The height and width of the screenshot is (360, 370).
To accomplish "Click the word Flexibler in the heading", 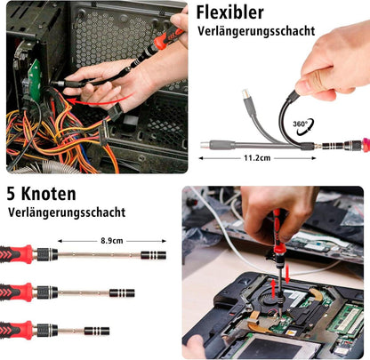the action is click(229, 12).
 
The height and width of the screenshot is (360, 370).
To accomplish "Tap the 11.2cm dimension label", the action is click(257, 158).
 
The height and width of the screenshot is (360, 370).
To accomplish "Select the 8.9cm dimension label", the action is click(111, 241).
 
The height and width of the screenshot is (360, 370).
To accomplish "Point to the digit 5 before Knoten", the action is click(12, 194).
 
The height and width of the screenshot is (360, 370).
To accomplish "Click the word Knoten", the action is click(49, 194).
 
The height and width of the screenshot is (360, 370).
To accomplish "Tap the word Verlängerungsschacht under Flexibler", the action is click(256, 31).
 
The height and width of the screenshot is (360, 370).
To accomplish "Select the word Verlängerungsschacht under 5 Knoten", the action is click(67, 212).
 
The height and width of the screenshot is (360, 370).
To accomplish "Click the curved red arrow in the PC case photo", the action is click(96, 101).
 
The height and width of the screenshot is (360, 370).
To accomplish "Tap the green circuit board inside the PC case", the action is click(35, 81).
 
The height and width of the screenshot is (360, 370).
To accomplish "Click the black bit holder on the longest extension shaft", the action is click(153, 255).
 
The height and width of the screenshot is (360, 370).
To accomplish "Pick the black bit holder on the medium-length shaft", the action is click(122, 293).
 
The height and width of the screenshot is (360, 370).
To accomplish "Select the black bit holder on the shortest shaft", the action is click(97, 331).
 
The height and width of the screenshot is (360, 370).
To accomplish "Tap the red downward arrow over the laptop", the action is click(286, 275).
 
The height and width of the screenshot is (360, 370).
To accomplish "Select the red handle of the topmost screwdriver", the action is click(17, 254).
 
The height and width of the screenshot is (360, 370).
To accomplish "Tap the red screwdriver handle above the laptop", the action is click(277, 230).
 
